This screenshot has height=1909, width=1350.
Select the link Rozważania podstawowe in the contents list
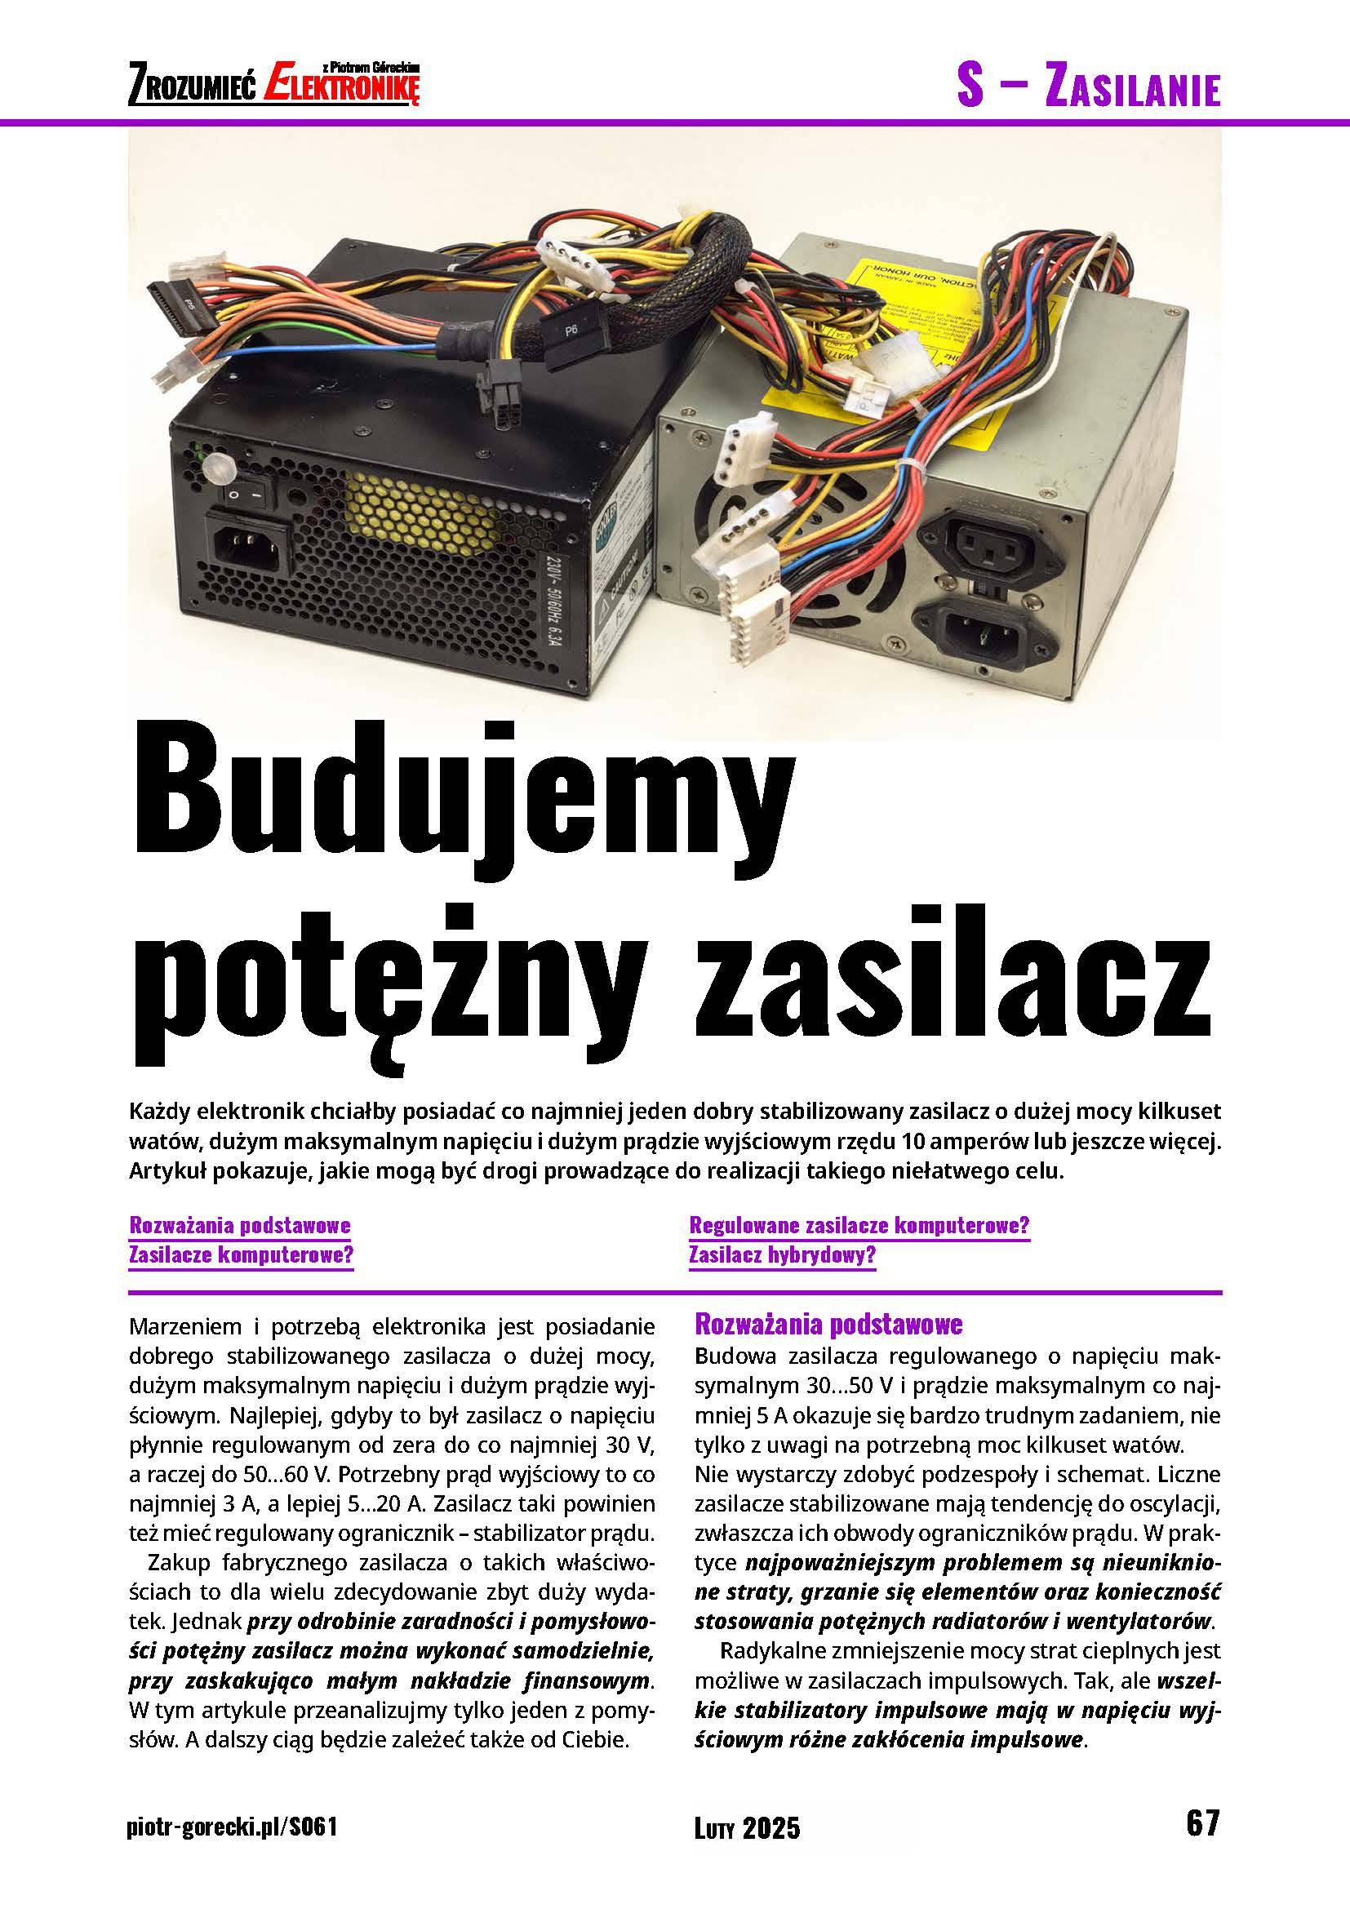point(240,1226)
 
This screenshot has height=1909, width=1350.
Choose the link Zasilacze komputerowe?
point(241,1255)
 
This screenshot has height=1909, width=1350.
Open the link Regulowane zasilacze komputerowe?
point(859,1226)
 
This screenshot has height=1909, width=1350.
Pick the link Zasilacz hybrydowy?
point(782,1255)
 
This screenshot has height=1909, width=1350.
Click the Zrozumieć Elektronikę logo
point(274,84)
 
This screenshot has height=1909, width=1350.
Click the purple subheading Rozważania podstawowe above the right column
point(828,1323)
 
